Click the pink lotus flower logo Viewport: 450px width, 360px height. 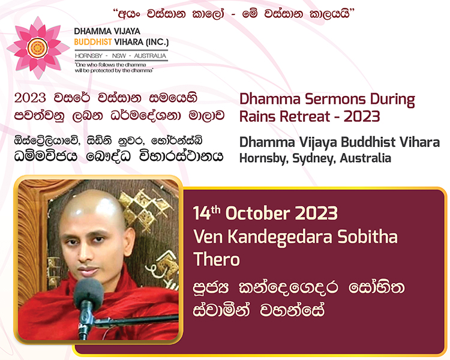coord(38,47)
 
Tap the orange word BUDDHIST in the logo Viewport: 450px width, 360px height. coord(92,42)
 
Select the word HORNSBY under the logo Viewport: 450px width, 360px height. coord(88,56)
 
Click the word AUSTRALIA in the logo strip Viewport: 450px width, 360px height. coord(150,56)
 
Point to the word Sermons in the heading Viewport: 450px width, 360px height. coord(335,99)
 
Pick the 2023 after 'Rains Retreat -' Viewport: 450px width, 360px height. coord(362,116)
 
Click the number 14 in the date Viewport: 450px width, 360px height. coord(202,214)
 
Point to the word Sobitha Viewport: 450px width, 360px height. coord(367,236)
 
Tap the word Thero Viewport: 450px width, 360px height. coord(217,259)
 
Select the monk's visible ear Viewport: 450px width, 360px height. coord(129,241)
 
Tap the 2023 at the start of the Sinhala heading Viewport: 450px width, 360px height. coord(30,98)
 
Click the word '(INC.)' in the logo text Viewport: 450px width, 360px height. coord(157,42)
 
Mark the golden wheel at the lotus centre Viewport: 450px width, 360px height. coord(38,48)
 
